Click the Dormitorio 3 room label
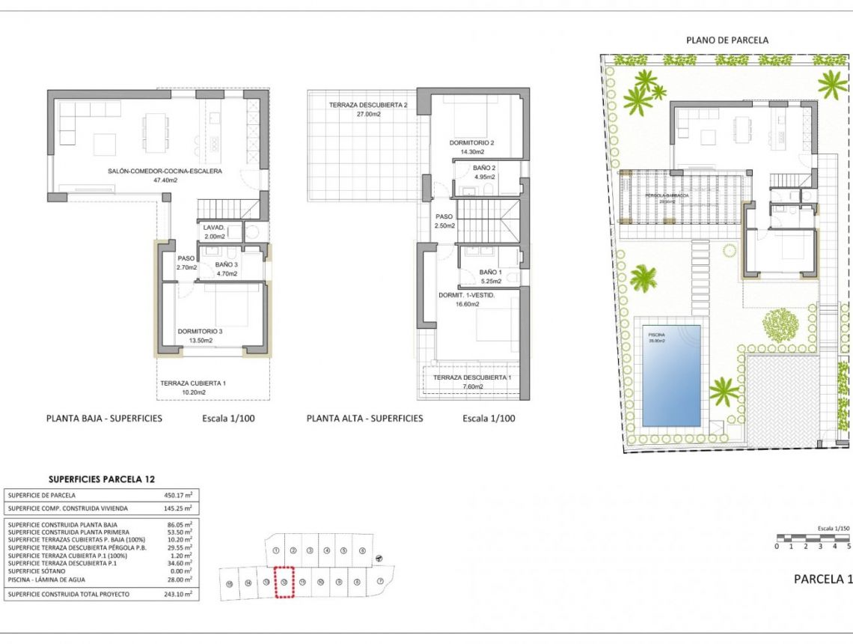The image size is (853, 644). point(200,331)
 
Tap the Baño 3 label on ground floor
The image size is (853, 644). point(226,264)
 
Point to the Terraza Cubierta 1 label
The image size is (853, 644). point(193,383)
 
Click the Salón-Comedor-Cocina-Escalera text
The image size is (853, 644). point(165,171)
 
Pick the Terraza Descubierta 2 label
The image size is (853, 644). point(367,106)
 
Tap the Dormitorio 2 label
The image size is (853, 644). point(472,142)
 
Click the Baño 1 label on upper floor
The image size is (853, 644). point(489,273)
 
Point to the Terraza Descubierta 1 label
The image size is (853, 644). point(471,377)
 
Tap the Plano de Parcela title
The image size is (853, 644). point(727,40)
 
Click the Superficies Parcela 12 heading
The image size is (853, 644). point(102,479)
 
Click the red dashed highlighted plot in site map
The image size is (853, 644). point(284,582)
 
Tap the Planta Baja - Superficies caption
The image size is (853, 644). point(104,419)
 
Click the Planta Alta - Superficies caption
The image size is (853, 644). point(364,419)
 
